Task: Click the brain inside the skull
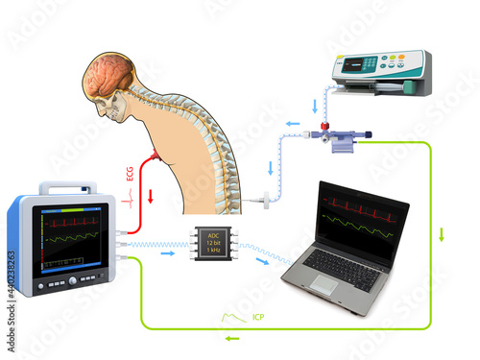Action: [x=109, y=78]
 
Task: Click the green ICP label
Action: [x=258, y=316]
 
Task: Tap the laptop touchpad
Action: [x=324, y=284]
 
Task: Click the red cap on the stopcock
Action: [x=325, y=126]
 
